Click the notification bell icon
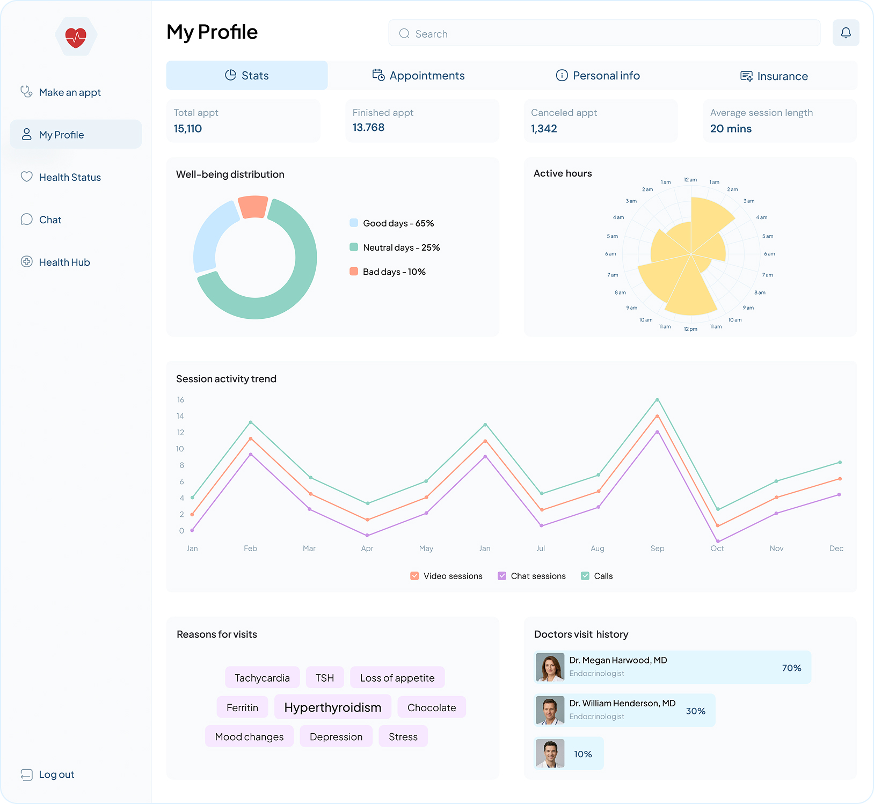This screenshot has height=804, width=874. [846, 33]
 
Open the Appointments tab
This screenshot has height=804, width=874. [419, 76]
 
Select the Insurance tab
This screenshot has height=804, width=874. [774, 76]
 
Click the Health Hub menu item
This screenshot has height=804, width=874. [64, 262]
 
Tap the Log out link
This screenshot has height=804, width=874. [56, 774]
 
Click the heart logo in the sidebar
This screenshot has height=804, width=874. [76, 37]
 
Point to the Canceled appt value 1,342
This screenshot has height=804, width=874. [544, 129]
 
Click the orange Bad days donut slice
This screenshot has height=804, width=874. [253, 207]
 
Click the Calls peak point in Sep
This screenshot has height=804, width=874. [657, 400]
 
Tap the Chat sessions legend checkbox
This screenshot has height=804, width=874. [502, 576]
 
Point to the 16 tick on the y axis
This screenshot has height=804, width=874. [180, 400]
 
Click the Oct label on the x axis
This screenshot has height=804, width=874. [717, 548]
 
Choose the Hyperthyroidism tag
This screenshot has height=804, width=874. [332, 707]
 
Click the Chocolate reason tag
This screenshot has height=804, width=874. [431, 707]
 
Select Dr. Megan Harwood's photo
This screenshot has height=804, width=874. [550, 667]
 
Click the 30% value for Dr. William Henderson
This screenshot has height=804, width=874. [695, 711]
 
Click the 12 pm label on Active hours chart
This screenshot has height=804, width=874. [690, 329]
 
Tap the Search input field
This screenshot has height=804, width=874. [604, 33]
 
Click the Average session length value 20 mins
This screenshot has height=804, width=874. [731, 129]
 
